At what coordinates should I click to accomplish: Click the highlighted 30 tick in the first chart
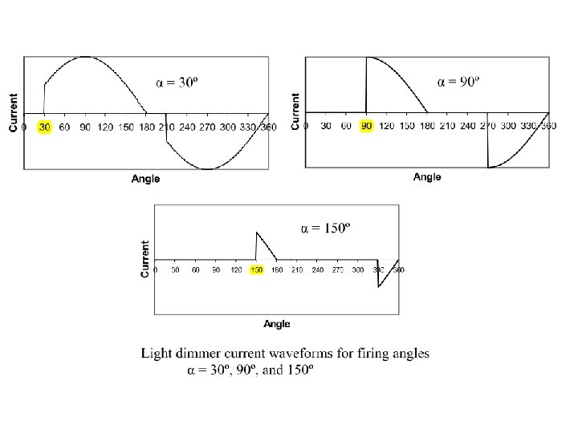coord(45,126)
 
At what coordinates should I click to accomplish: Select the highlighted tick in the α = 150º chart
coord(257,270)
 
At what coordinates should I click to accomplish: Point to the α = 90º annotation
coord(458,81)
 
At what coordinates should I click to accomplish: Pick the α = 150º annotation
coord(325,229)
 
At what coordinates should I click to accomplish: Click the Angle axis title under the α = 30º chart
coord(145,179)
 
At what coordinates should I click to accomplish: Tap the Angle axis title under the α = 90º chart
coord(427,176)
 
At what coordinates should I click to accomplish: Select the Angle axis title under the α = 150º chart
coord(277,324)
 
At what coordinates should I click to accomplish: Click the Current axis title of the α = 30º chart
coord(14,112)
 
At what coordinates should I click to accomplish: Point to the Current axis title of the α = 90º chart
coord(296,111)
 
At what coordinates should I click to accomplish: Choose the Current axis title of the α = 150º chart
coord(145,258)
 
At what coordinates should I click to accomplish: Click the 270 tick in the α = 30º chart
coord(208,127)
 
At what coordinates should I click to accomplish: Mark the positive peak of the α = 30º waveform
coord(85,57)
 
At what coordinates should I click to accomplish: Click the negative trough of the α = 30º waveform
coord(208,169)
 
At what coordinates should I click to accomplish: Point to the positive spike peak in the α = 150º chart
coord(257,233)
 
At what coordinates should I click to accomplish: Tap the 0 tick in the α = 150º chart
coord(156,270)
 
